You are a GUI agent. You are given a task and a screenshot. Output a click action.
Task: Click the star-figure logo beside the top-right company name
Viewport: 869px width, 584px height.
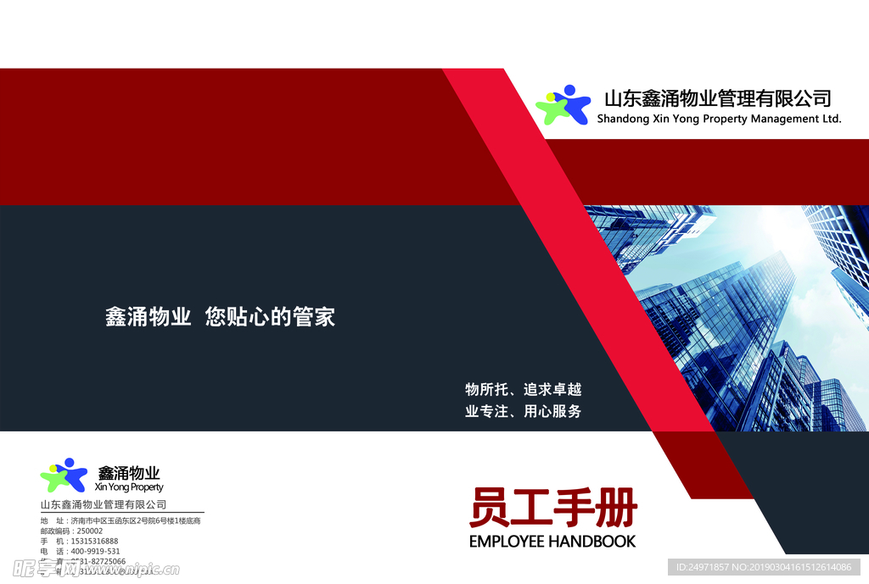562,106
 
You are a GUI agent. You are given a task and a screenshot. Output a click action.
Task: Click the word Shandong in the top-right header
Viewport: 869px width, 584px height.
623,120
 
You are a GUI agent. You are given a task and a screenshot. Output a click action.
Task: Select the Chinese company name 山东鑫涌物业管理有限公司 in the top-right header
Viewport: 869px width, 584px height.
717,98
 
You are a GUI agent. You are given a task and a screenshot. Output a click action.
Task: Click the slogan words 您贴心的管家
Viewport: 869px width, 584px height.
271,318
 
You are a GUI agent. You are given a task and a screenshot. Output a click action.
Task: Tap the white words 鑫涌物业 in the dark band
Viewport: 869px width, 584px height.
148,318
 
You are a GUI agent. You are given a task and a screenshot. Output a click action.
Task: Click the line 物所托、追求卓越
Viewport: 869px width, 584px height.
523,390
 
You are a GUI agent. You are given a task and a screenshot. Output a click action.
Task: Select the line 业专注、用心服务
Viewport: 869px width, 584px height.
523,412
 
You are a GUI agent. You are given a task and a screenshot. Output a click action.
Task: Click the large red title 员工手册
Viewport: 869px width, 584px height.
552,509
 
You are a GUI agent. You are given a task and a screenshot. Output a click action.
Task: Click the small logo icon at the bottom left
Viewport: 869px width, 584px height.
64,476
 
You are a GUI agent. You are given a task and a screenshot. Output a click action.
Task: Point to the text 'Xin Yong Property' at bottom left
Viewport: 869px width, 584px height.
129,487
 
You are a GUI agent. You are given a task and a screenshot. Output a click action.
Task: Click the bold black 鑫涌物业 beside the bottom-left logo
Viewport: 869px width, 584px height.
129,473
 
